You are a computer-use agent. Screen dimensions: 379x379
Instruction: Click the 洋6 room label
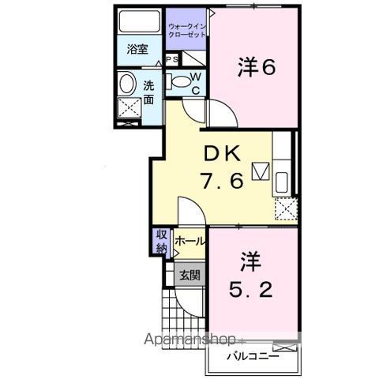(x=257, y=69)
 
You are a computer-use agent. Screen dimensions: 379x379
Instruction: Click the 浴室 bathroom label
(x=137, y=50)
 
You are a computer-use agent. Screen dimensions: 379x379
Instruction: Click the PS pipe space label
(x=171, y=60)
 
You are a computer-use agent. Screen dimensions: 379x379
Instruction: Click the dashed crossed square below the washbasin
(x=126, y=109)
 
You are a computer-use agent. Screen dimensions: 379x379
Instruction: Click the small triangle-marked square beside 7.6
(x=260, y=171)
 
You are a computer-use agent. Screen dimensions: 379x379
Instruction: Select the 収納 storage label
(x=161, y=240)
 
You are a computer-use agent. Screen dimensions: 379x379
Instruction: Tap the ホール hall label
(x=189, y=241)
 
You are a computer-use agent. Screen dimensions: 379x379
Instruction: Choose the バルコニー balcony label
(x=250, y=356)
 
